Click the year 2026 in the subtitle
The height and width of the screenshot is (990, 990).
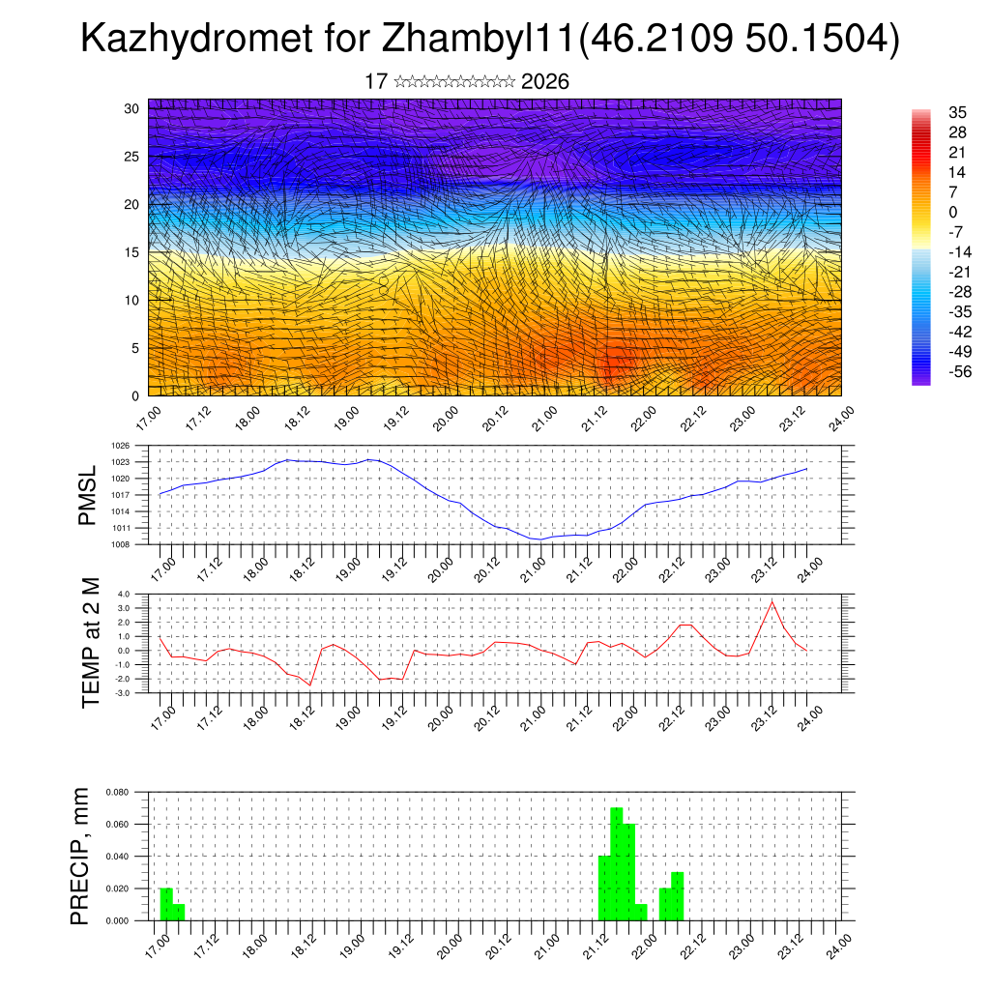(x=544, y=82)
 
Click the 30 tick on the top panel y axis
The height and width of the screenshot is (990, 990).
(x=132, y=108)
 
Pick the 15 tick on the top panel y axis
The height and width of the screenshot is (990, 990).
(x=132, y=252)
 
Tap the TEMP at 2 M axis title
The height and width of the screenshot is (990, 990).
(x=90, y=643)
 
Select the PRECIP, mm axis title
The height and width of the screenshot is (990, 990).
(x=80, y=856)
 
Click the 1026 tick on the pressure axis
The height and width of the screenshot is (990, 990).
(x=120, y=446)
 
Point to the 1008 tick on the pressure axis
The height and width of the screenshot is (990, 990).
(x=120, y=544)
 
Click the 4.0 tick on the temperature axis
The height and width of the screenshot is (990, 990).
(x=124, y=594)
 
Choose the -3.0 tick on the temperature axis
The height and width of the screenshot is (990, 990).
(x=123, y=692)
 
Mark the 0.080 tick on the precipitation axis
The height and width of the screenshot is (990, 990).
(x=118, y=792)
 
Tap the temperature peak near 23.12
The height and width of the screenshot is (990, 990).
(x=772, y=601)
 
